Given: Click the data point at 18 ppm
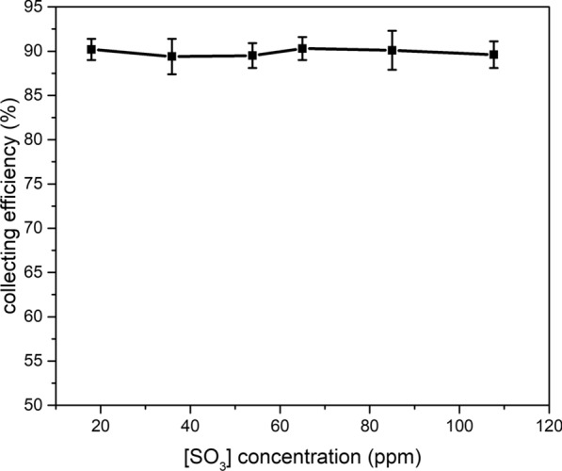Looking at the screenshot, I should click(x=91, y=49).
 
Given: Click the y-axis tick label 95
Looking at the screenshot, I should click(x=39, y=8).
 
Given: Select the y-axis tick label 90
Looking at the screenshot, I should click(x=39, y=52).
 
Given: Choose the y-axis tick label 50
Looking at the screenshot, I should click(x=39, y=405).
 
